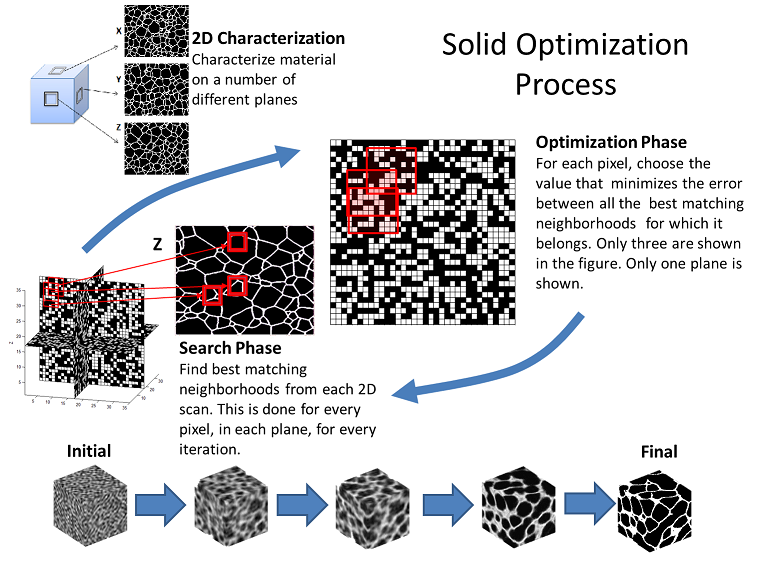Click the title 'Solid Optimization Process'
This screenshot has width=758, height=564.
565,63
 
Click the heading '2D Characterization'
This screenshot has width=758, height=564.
268,39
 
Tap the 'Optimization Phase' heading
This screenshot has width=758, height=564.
611,142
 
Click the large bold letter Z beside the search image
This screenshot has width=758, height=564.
156,242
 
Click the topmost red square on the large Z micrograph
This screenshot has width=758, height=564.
237,241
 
